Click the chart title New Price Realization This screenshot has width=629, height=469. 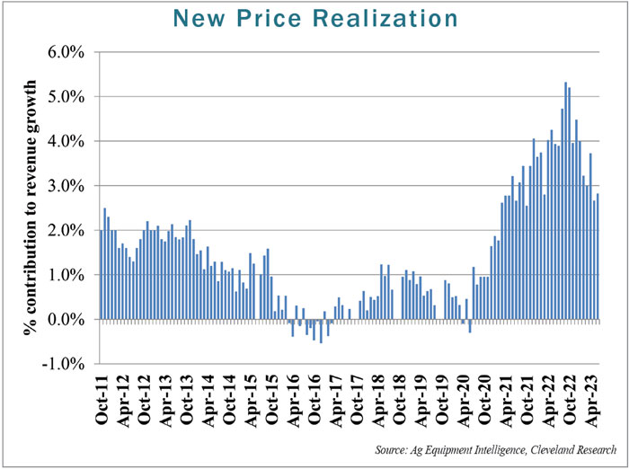coord(314,18)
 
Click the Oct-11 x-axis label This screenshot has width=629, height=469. coord(106,398)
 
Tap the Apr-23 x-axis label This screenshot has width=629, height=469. coord(593,398)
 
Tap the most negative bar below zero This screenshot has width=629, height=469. coord(321,331)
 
